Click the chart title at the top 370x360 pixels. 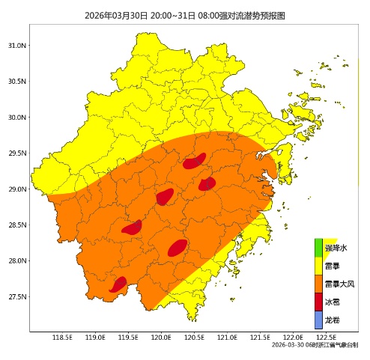(x=185, y=15)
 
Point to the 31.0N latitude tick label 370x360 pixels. (x=16, y=46)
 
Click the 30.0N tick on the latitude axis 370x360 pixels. (x=16, y=118)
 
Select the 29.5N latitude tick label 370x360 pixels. (x=16, y=153)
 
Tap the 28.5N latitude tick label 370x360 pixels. (x=16, y=225)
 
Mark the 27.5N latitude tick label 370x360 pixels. (x=16, y=297)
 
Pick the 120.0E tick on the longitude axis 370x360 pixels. (x=161, y=338)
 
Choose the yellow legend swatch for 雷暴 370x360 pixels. (x=318, y=266)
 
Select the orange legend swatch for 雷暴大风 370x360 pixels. (x=318, y=284)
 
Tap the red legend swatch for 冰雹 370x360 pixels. (x=318, y=302)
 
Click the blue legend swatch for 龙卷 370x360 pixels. (x=318, y=320)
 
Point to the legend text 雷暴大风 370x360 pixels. (x=339, y=284)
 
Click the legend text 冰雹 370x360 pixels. (x=333, y=302)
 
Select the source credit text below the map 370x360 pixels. (x=315, y=345)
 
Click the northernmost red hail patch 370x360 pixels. (x=194, y=162)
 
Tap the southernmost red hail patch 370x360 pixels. (x=118, y=284)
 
